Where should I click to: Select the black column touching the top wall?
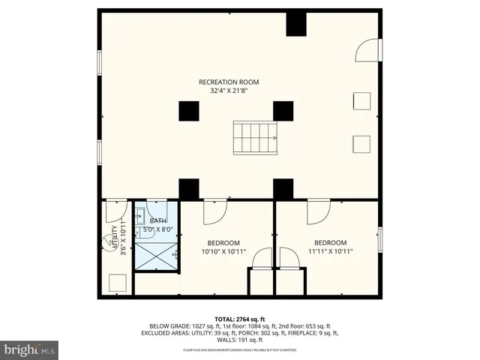tap(295, 24)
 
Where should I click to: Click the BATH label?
tap(158, 220)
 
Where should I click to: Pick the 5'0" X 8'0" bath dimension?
tap(158, 229)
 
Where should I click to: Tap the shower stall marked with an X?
tap(156, 256)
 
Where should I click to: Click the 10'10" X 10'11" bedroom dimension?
tap(223, 252)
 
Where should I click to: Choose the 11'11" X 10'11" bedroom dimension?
tap(330, 252)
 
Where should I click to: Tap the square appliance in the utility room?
tap(116, 283)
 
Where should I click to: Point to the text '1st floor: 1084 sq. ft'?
tap(242, 326)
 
